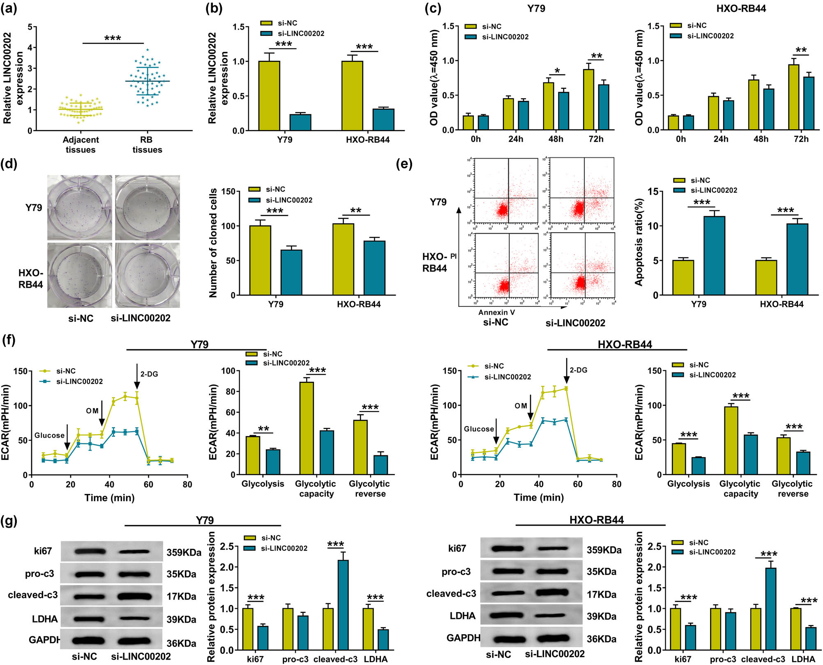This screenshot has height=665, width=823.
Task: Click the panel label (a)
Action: (x=9, y=8)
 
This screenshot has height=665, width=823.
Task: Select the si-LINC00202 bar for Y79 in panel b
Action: (x=300, y=122)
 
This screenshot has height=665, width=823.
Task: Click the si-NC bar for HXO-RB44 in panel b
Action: (x=352, y=96)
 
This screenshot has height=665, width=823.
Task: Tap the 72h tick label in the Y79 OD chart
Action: (x=596, y=139)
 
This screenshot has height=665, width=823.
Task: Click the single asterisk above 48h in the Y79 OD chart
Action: (x=557, y=71)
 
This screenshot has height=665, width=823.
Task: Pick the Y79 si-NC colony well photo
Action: (x=79, y=208)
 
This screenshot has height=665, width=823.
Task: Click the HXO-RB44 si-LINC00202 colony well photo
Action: (x=148, y=275)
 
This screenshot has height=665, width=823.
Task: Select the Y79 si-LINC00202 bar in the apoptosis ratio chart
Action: (x=714, y=255)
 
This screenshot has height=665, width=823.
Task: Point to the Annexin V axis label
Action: (x=496, y=312)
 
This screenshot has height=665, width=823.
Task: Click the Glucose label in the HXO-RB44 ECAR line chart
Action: (x=479, y=429)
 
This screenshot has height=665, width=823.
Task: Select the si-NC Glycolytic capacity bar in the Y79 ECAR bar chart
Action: (x=307, y=428)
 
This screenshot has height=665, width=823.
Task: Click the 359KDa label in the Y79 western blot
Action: (x=184, y=552)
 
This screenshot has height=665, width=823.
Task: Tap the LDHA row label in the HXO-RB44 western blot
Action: (x=462, y=616)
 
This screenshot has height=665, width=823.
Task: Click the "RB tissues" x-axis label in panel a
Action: (x=147, y=145)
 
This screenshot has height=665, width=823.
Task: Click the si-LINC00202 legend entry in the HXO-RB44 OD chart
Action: (x=710, y=36)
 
